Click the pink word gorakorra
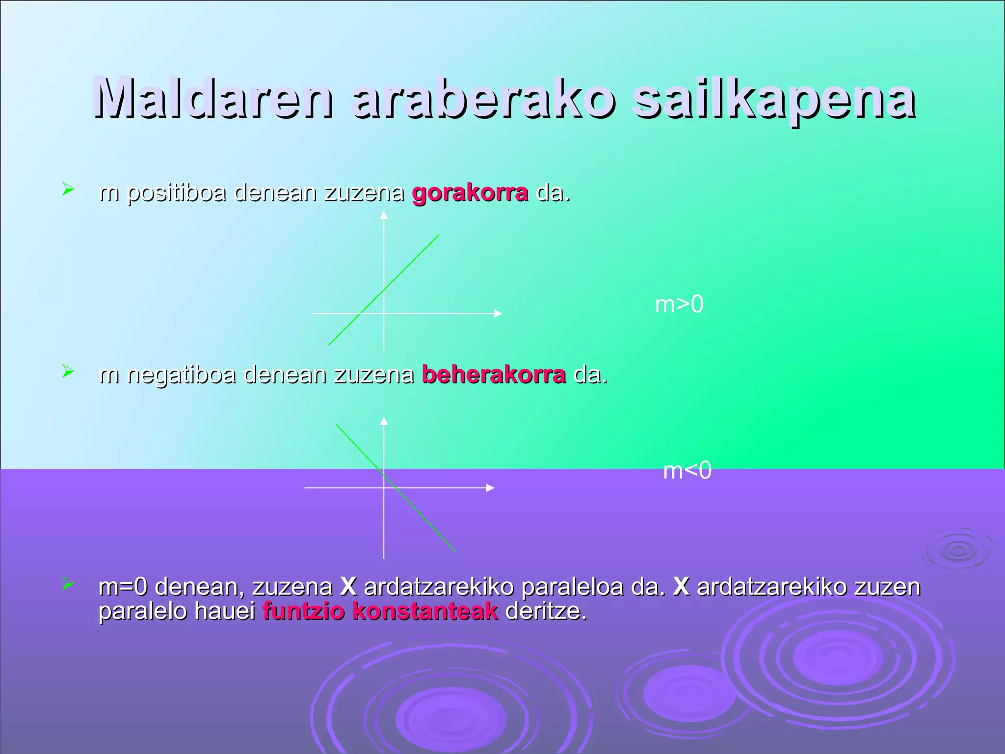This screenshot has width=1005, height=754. coord(470,193)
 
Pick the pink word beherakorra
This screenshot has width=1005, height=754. coord(494,376)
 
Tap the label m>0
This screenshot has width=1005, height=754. coord(679,304)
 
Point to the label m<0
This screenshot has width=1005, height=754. coord(687,471)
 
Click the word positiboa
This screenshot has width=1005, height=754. coord(177,193)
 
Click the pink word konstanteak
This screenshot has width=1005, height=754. coord(425,612)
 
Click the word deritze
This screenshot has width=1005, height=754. coord(546,612)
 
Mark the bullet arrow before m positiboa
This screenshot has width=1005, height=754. coord(68,189)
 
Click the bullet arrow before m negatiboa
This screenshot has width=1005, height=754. coord(68,372)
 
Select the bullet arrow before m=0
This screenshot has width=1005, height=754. coord(68,584)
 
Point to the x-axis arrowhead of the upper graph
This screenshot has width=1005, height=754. coord(498,313)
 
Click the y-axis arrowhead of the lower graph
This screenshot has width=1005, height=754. coord(384,421)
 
